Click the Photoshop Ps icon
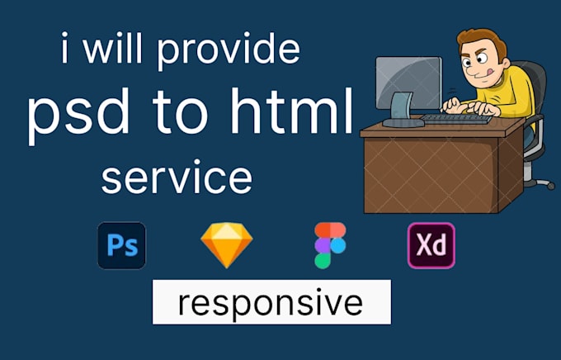point(121,245)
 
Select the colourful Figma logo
point(330,245)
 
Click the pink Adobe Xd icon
point(431,245)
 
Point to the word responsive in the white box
point(270,302)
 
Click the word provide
point(228,52)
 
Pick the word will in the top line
point(118,50)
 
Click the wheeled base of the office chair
point(539,181)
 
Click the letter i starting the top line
point(65,50)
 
